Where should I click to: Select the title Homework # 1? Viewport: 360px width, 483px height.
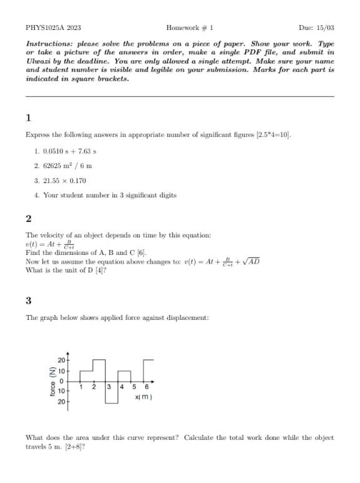[x=190, y=28]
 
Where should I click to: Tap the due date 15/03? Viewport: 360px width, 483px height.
[x=325, y=28]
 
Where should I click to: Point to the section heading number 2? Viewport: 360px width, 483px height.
[x=28, y=218]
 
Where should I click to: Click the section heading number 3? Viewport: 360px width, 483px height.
[x=28, y=301]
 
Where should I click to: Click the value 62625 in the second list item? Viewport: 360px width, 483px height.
[x=52, y=166]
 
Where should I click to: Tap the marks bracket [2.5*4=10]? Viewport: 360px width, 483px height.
[x=273, y=134]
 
